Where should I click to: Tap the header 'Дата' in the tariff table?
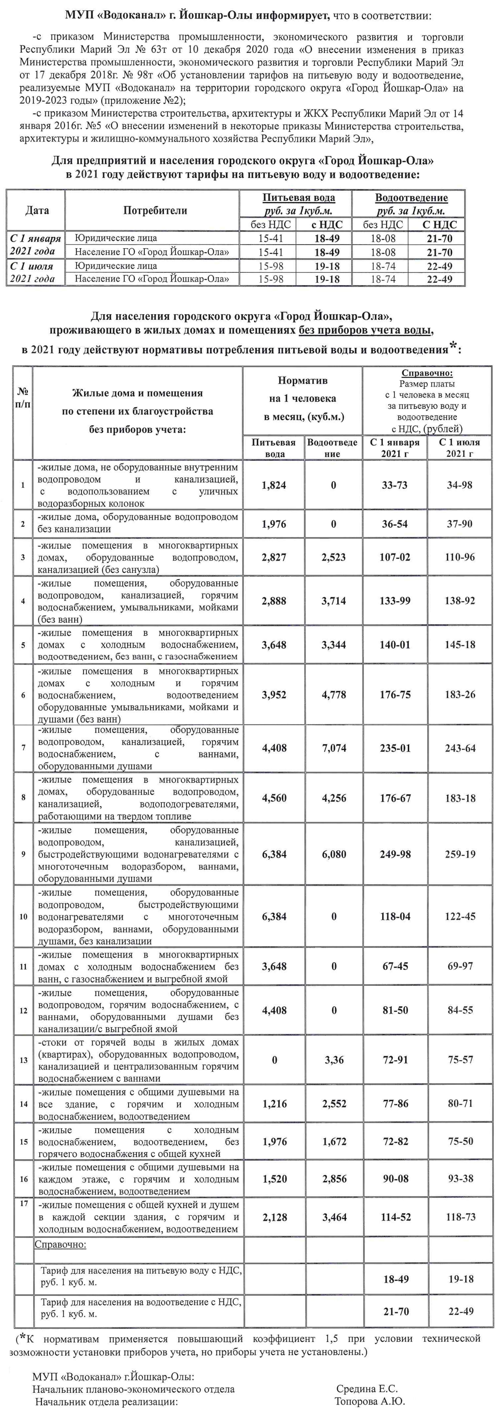[37, 210]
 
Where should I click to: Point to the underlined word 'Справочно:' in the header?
[427, 373]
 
